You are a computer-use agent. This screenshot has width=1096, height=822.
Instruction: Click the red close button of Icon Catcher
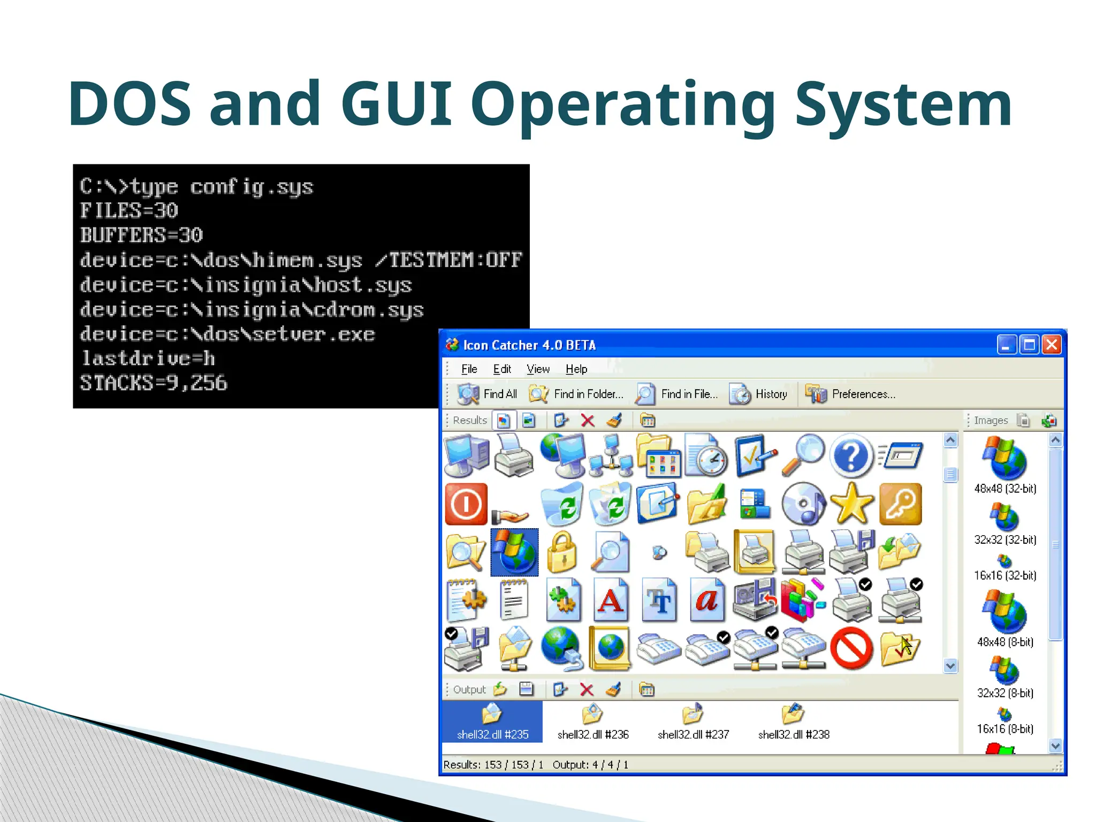[x=1052, y=345]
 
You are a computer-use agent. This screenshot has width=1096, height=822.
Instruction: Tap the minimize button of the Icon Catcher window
[x=1007, y=345]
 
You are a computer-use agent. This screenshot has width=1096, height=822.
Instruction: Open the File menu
[x=469, y=369]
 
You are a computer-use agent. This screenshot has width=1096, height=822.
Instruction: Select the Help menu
[x=576, y=369]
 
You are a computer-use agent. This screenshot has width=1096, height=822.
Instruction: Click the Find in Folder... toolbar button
[x=576, y=394]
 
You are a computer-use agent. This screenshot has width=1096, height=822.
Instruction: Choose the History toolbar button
[x=758, y=394]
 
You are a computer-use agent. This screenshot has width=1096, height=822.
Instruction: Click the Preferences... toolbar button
[x=850, y=394]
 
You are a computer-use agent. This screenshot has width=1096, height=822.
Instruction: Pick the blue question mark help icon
[x=851, y=456]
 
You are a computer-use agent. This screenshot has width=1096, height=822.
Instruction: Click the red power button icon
[x=466, y=504]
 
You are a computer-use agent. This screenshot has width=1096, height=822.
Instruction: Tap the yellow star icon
[x=851, y=504]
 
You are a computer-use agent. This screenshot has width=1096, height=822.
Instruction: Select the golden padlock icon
[x=562, y=552]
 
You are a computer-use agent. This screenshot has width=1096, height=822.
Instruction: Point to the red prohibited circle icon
[x=851, y=648]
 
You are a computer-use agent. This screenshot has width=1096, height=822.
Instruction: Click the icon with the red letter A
[x=611, y=600]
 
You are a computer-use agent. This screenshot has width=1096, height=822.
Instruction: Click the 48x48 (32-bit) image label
[x=1005, y=489]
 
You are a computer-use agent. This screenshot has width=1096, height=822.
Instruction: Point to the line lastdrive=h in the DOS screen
[x=148, y=358]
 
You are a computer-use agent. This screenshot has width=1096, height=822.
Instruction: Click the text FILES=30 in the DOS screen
[x=129, y=210]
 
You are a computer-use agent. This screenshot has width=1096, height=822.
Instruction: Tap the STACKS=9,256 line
[x=154, y=383]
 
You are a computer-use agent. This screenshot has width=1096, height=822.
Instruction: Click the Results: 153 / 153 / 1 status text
[x=493, y=765]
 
